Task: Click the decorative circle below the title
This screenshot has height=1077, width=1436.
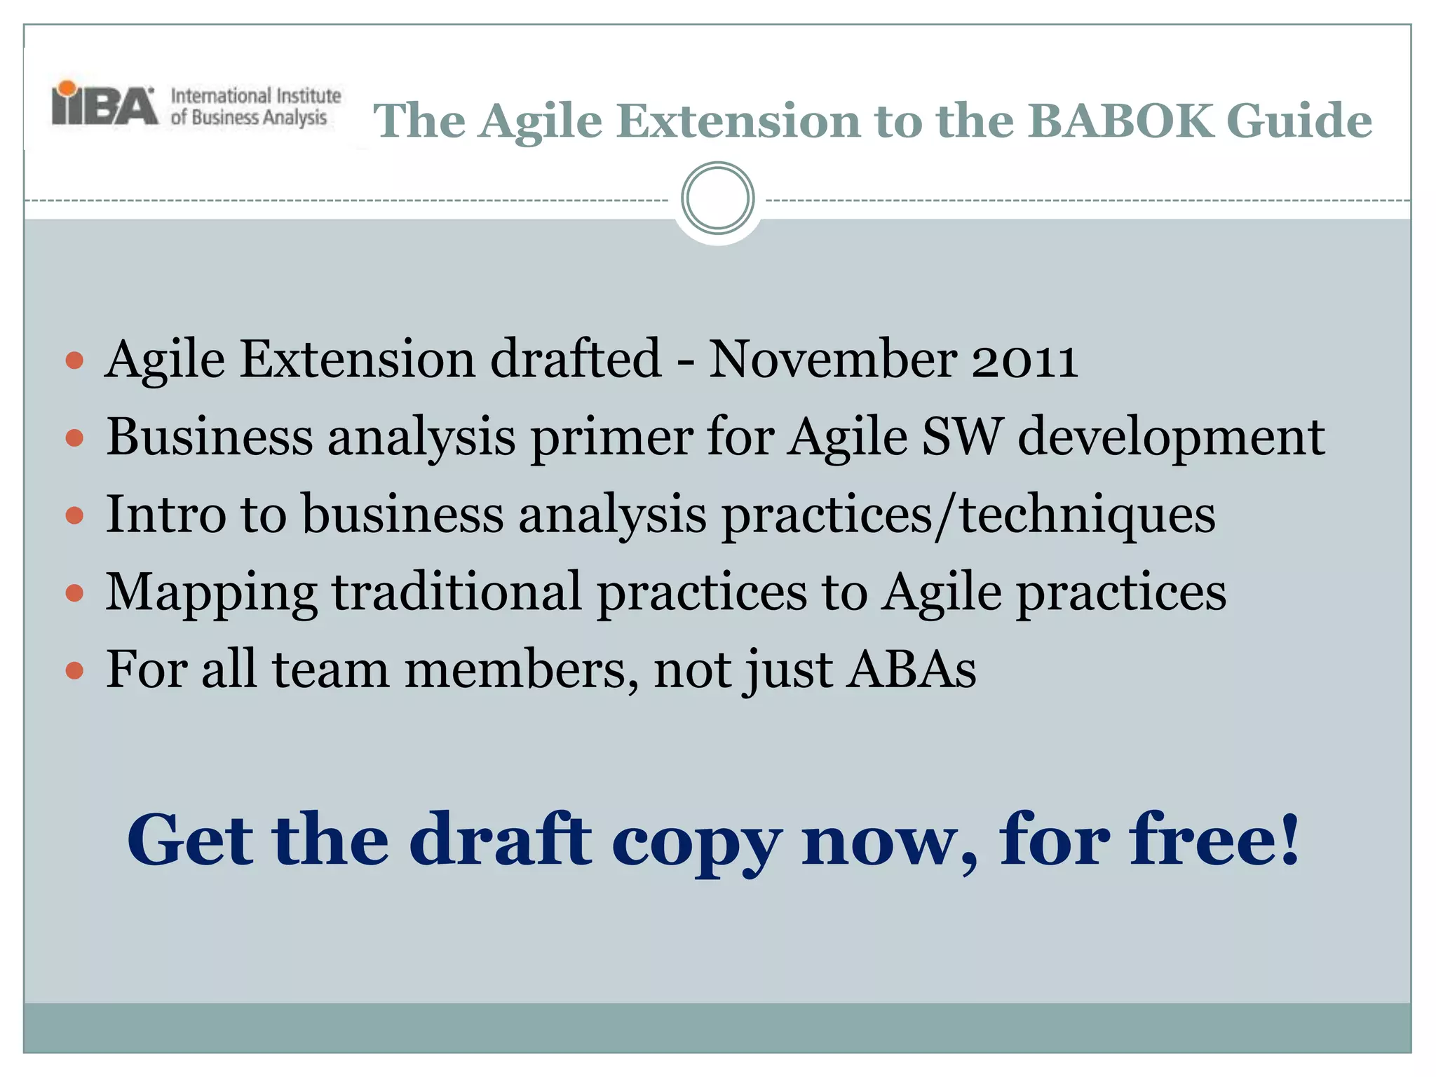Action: [x=717, y=198]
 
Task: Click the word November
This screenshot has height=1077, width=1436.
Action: [x=832, y=359]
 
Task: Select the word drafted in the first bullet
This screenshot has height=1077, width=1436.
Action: [x=575, y=359]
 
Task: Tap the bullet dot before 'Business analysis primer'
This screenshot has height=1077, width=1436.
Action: [x=74, y=438]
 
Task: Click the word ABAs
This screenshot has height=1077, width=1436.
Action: [x=912, y=669]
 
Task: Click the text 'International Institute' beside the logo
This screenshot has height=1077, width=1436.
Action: [x=256, y=95]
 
